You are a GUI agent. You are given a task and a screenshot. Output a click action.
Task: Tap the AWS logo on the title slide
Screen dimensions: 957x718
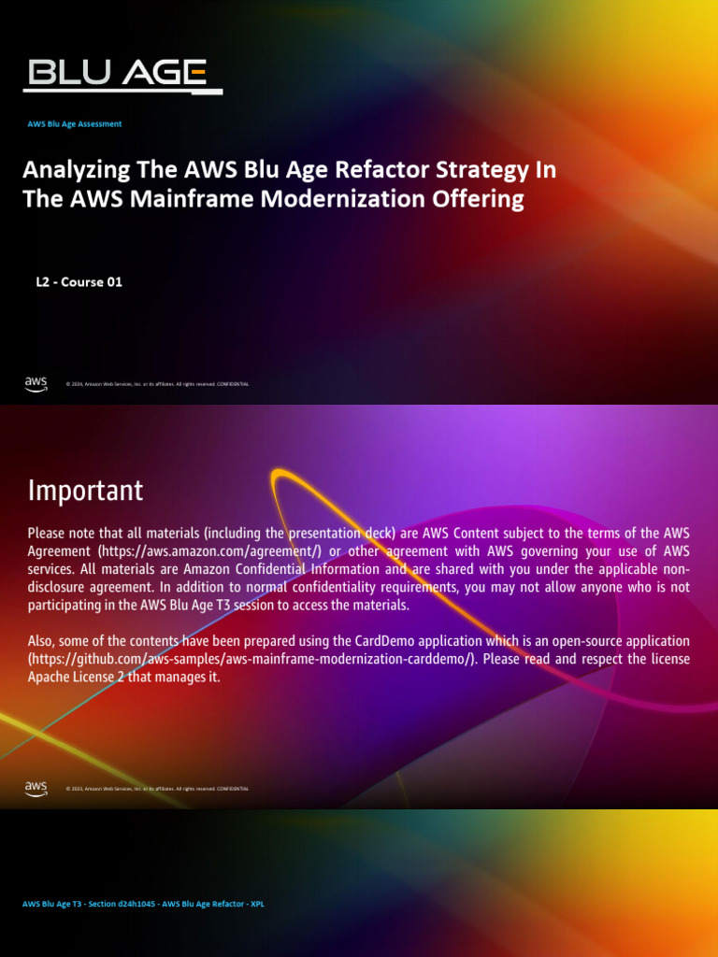(x=36, y=383)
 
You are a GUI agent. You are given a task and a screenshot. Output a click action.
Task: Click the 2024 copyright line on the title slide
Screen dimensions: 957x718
(x=157, y=384)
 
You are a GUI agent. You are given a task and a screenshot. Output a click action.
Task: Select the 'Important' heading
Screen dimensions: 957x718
(x=85, y=490)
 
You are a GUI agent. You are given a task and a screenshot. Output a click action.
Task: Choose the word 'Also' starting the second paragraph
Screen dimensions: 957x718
(x=44, y=641)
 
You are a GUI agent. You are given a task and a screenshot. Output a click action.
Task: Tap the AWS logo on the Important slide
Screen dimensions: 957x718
(x=36, y=788)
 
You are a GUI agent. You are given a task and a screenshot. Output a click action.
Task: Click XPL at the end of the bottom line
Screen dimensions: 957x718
(x=257, y=904)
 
